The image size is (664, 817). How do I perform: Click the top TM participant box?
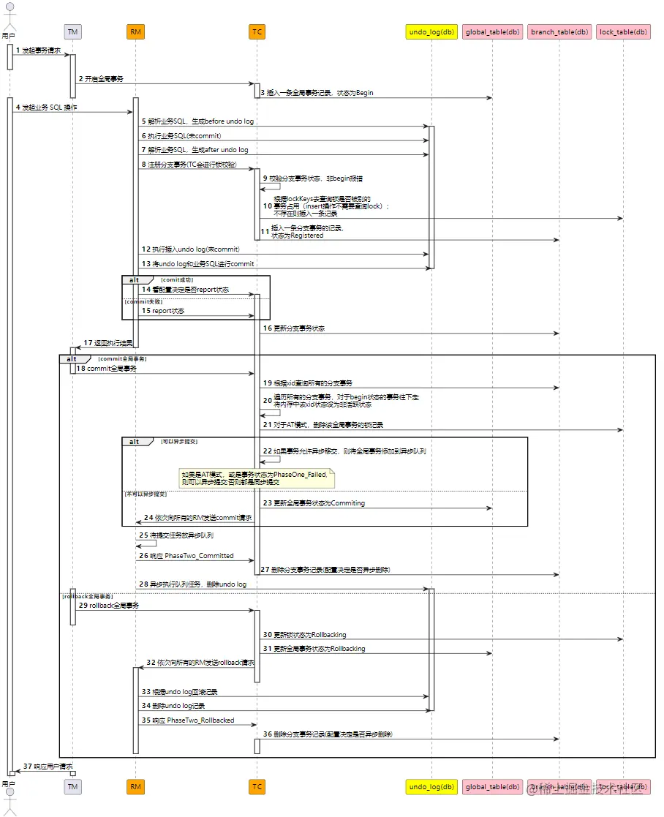[72, 31]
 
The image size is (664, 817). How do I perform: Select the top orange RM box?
[135, 31]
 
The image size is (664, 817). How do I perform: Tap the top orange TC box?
[257, 31]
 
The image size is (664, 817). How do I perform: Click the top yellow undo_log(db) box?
[431, 31]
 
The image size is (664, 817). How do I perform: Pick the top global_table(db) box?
[492, 31]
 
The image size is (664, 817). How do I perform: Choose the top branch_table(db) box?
[559, 31]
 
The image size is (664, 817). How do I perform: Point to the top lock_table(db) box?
[623, 31]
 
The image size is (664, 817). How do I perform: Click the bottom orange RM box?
[135, 786]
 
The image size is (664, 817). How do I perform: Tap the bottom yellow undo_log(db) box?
[431, 786]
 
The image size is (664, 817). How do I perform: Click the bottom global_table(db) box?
[492, 786]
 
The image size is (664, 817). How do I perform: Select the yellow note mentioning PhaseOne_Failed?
[257, 478]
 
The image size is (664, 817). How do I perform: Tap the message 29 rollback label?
[113, 606]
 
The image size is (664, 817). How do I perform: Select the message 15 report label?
[167, 311]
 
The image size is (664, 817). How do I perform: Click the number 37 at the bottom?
[27, 766]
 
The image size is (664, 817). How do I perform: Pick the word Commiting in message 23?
[349, 503]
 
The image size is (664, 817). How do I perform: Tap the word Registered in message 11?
[308, 236]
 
